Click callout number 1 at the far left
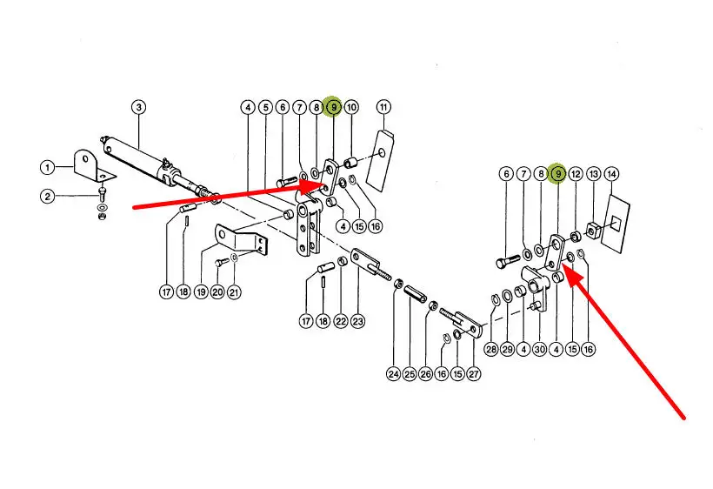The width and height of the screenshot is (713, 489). point(47,166)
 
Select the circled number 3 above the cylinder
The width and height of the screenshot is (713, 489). point(138,108)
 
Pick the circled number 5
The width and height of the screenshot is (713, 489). point(265,108)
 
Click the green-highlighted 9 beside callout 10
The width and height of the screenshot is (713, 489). point(332,107)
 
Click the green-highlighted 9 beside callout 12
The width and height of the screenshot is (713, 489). point(557,175)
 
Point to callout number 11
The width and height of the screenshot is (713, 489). point(384,108)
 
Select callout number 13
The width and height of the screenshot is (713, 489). point(594,175)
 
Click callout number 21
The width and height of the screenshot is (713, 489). point(234,292)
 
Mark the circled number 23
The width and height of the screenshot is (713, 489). point(358,321)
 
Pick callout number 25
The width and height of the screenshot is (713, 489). point(409,375)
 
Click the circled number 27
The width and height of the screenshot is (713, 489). point(474,375)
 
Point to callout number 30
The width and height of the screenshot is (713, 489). point(539,350)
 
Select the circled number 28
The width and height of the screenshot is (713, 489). point(490,350)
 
